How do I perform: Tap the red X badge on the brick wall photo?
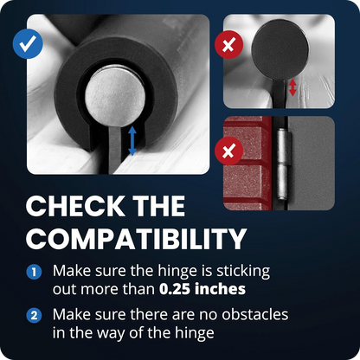[x=229, y=152]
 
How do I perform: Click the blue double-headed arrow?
[x=132, y=141]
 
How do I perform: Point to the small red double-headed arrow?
[x=292, y=87]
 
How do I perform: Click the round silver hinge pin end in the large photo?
[x=116, y=98]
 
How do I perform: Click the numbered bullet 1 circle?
[x=34, y=271]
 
